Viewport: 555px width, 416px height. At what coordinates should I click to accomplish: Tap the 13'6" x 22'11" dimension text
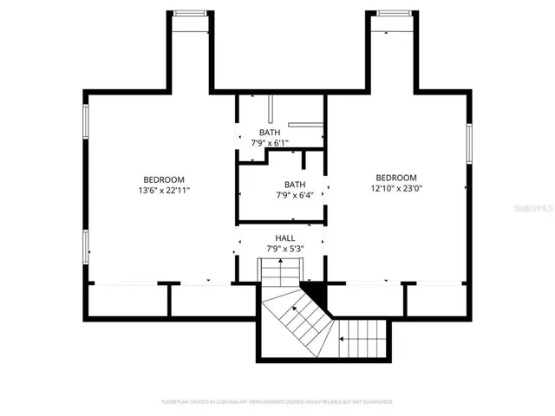163,190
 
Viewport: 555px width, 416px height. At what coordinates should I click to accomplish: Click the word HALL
285,238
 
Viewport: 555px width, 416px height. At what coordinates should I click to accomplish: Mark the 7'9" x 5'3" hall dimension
285,250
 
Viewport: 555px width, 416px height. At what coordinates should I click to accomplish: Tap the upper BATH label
269,133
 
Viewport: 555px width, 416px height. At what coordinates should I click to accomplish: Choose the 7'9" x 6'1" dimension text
269,143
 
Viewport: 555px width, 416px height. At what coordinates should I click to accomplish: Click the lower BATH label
295,185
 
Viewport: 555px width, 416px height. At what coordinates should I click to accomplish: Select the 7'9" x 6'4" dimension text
295,195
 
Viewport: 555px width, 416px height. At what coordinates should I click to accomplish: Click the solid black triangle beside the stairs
311,293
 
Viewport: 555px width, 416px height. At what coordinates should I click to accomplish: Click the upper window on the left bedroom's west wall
84,121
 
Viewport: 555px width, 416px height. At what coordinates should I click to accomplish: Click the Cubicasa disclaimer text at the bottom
277,402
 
